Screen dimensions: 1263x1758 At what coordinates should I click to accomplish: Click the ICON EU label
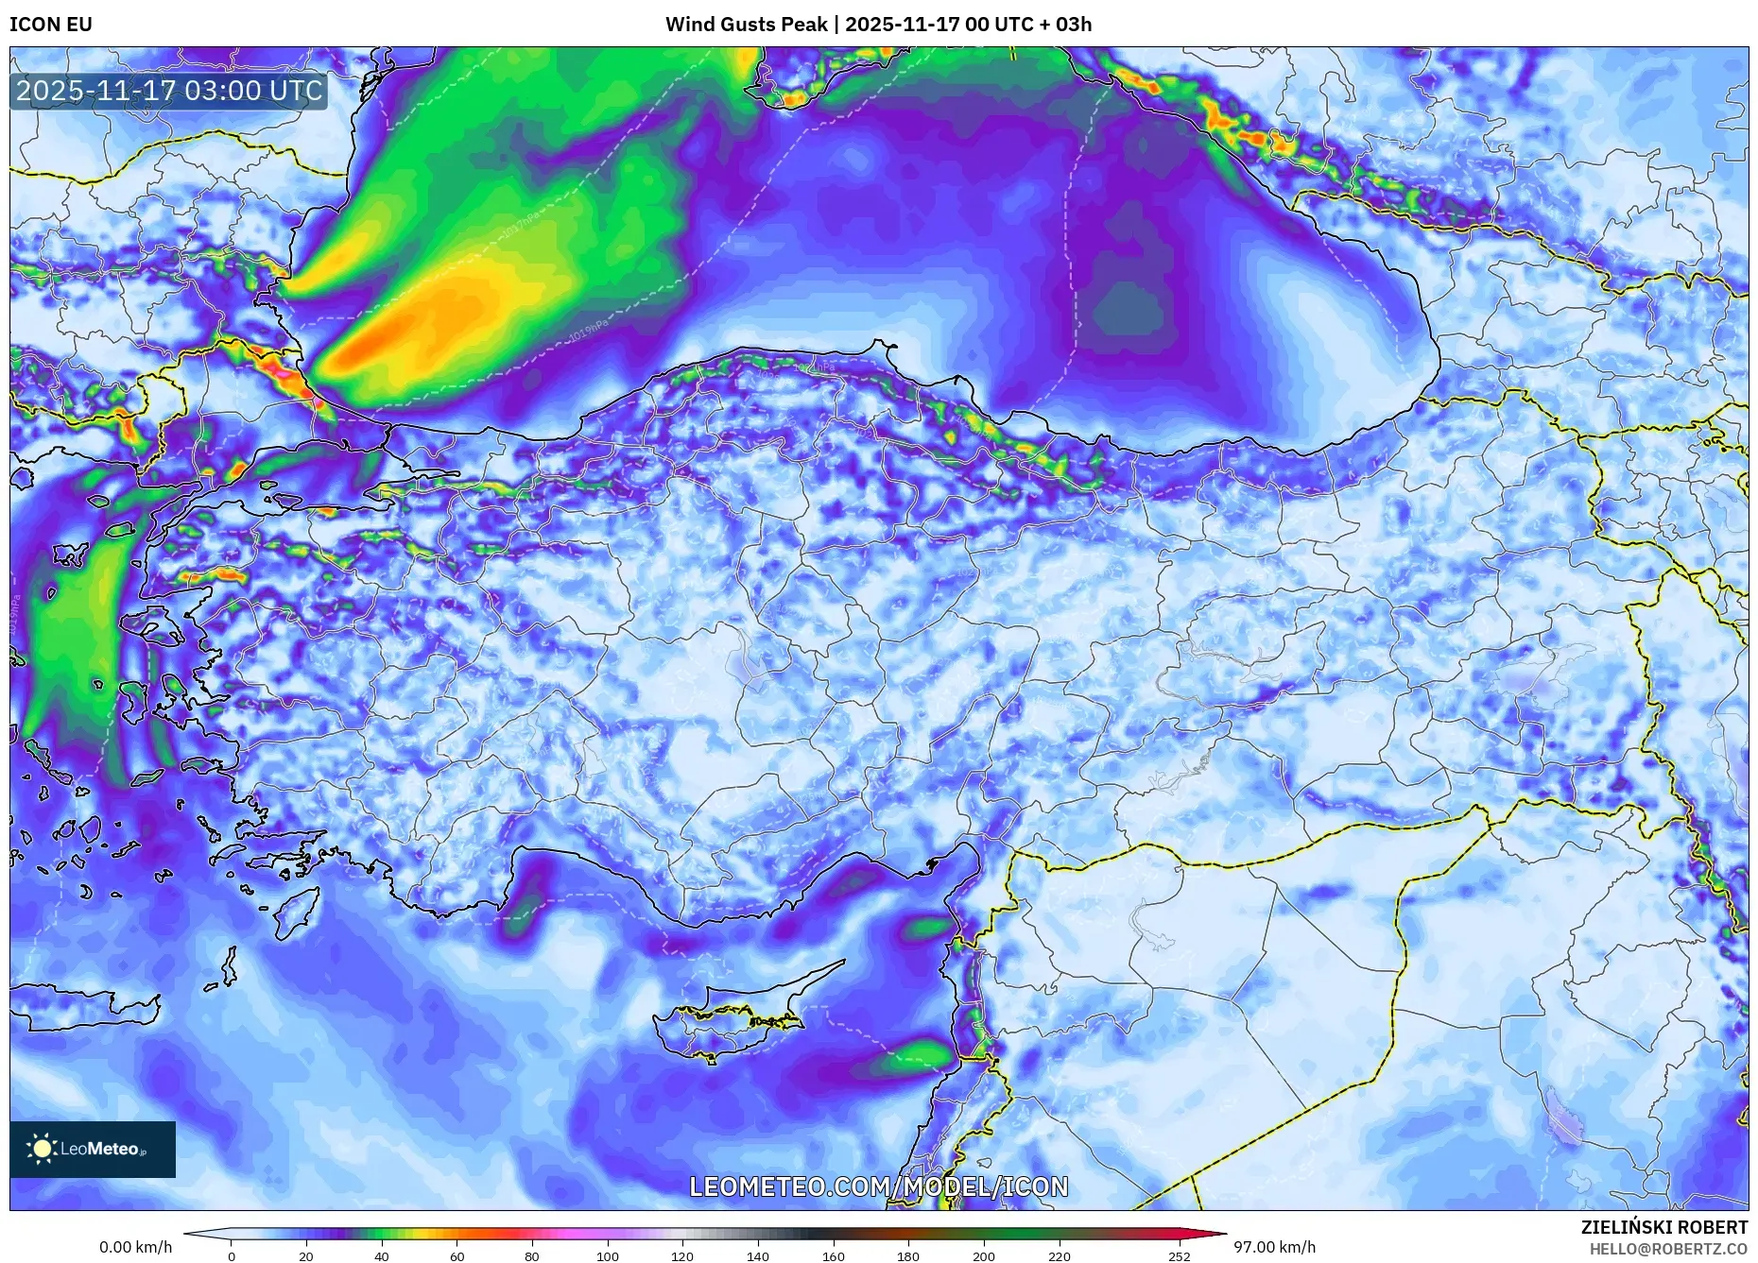pyautogui.click(x=51, y=25)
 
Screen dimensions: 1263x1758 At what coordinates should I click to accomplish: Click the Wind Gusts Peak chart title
pyautogui.click(x=878, y=25)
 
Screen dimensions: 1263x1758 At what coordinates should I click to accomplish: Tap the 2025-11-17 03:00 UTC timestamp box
pyautogui.click(x=169, y=91)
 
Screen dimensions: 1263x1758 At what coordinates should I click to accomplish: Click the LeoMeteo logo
pyautogui.click(x=93, y=1149)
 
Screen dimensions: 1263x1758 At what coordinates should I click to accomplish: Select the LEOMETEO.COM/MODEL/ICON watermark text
pyautogui.click(x=878, y=1186)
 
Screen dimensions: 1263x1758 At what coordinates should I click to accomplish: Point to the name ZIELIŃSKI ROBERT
pyautogui.click(x=1663, y=1227)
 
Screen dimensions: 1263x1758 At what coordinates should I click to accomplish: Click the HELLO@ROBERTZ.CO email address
pyautogui.click(x=1668, y=1249)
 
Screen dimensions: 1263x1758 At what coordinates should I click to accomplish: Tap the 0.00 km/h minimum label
pyautogui.click(x=135, y=1247)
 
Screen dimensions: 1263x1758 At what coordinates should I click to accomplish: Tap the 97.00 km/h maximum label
pyautogui.click(x=1274, y=1247)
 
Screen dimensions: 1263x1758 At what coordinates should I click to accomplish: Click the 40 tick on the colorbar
pyautogui.click(x=381, y=1256)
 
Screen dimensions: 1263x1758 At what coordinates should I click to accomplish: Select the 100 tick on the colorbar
pyautogui.click(x=607, y=1256)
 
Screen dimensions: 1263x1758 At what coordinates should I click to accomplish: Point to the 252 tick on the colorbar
pyautogui.click(x=1179, y=1256)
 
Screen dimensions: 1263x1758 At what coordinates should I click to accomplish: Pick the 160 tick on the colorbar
pyautogui.click(x=833, y=1256)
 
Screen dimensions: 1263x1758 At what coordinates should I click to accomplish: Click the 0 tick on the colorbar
pyautogui.click(x=232, y=1256)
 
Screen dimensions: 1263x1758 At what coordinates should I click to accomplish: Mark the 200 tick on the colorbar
pyautogui.click(x=983, y=1256)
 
